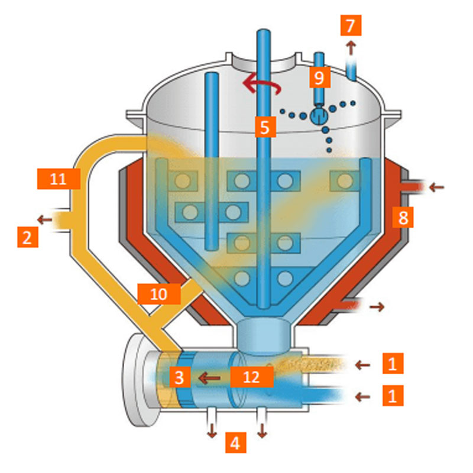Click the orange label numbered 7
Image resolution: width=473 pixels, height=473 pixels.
pos(351,26)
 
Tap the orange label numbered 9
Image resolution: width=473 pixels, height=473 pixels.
pos(319,76)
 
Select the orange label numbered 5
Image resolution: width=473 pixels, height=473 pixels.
pos(265,126)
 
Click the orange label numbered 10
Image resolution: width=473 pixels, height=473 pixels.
pos(159,294)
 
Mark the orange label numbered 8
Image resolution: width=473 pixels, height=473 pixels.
pos(403,218)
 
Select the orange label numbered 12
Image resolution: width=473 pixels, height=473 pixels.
pos(251,376)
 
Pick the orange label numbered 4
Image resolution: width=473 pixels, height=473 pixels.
pos(235,442)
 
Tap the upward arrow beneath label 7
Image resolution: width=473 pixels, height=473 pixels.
pos(351,46)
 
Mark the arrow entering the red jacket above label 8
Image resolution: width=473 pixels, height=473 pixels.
pos(436,187)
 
